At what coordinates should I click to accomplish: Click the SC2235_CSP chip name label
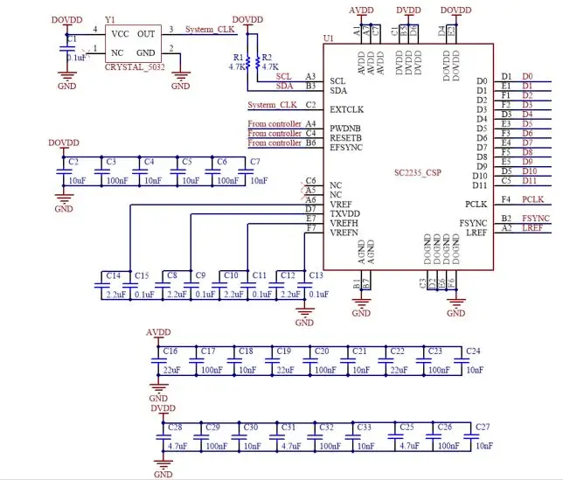(x=418, y=172)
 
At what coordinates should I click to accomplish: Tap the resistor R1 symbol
(x=247, y=62)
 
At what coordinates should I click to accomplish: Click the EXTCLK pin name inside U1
(x=347, y=109)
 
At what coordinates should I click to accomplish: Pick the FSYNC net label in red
(x=535, y=217)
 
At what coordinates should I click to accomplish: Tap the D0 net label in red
(x=527, y=77)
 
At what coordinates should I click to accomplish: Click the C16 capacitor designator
(x=170, y=351)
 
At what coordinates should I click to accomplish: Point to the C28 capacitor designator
(x=174, y=426)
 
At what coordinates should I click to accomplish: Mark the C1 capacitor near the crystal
(x=72, y=40)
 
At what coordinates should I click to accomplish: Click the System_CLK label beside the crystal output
(x=211, y=29)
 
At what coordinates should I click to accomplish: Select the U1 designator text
(x=329, y=38)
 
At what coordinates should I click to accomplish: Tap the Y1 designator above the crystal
(x=109, y=18)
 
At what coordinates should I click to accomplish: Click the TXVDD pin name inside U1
(x=345, y=212)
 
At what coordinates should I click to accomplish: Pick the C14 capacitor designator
(x=113, y=275)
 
